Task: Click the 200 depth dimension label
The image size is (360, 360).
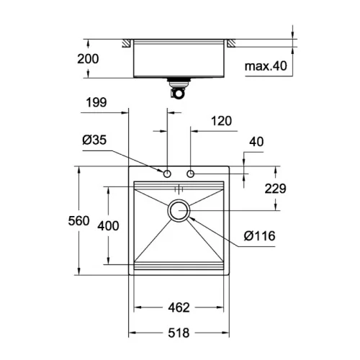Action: pos(88,59)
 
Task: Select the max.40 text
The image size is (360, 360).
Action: pos(266,66)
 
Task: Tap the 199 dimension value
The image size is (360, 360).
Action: pos(96,102)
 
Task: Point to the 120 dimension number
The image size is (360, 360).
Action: pos(221,121)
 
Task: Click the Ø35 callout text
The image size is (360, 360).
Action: pos(94,140)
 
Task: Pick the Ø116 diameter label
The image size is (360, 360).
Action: pos(259,236)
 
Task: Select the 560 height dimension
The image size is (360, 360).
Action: pos(78,221)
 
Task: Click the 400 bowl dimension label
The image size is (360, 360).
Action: pos(108,226)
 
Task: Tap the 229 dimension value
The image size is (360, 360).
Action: pos(275,189)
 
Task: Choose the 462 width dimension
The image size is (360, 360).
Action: pos(179,307)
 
